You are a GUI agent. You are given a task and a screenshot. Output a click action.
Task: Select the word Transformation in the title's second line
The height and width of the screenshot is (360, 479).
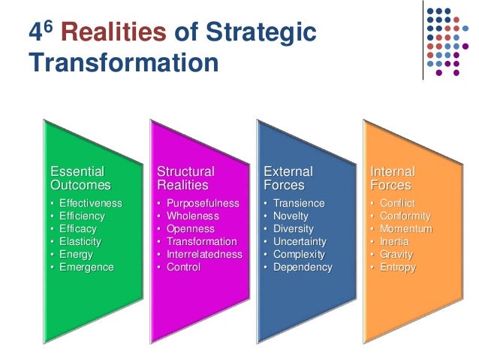coord(123,62)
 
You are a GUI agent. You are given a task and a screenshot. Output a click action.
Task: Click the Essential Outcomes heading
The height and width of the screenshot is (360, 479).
coord(80,178)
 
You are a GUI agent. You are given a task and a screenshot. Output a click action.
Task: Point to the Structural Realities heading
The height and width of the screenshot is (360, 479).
coord(185,178)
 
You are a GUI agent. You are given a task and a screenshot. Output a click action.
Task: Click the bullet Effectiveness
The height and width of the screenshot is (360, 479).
coord(90,204)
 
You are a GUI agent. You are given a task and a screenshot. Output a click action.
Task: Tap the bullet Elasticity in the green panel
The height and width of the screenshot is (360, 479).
coord(80,242)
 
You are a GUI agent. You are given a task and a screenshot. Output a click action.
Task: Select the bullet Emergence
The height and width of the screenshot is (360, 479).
coord(86,268)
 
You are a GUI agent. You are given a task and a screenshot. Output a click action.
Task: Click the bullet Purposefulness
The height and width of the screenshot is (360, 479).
coord(203,204)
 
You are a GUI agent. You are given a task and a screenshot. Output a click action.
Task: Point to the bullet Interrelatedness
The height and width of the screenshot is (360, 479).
coord(204,255)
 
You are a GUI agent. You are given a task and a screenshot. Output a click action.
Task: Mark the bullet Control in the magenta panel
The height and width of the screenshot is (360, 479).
coord(183,268)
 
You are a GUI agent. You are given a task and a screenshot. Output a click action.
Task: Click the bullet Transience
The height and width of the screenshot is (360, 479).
coord(299,204)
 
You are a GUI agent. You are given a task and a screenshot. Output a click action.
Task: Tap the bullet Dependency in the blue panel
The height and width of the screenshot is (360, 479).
coord(303,268)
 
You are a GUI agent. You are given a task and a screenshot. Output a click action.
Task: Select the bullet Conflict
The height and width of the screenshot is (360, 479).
coord(397,204)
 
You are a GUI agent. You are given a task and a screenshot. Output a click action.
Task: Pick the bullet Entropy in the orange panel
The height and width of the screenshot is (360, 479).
coord(398,268)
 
